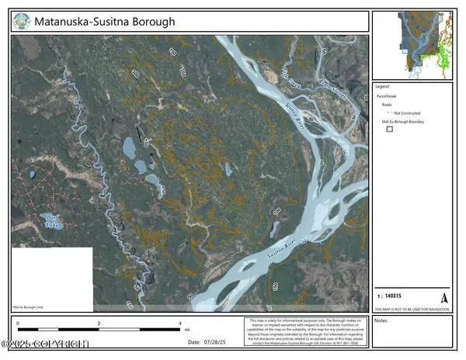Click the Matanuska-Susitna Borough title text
(x=105, y=22)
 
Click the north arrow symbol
(x=444, y=297)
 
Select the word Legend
(x=382, y=86)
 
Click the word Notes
(x=381, y=320)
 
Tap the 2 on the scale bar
(x=99, y=323)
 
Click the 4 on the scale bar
(x=180, y=323)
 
